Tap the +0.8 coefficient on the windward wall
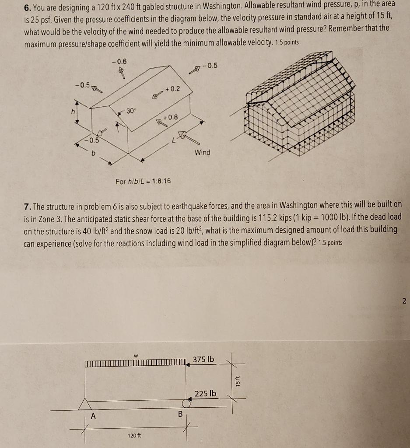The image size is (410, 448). pyautogui.click(x=170, y=117)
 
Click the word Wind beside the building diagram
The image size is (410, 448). pyautogui.click(x=202, y=152)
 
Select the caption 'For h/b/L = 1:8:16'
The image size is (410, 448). pyautogui.click(x=143, y=181)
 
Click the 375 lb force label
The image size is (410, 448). pyautogui.click(x=204, y=359)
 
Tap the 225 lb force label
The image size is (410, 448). pyautogui.click(x=206, y=393)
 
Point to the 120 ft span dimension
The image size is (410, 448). pyautogui.click(x=134, y=435)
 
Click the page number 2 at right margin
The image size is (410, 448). pyautogui.click(x=403, y=301)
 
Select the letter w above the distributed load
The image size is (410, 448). pyautogui.click(x=136, y=356)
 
